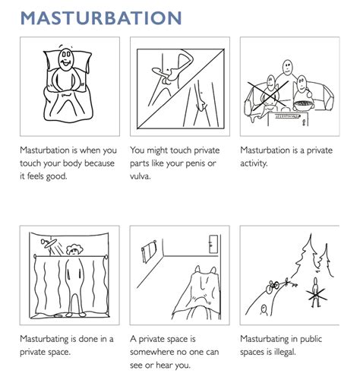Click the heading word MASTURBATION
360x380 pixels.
[101, 18]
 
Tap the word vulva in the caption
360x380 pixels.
[140, 176]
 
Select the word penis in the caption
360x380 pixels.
[195, 163]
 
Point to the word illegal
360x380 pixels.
[285, 352]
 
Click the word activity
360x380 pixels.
[254, 163]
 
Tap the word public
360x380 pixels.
[311, 339]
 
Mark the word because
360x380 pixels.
[99, 163]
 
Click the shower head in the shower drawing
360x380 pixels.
[48, 243]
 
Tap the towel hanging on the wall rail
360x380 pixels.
[149, 252]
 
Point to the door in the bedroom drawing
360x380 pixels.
[213, 244]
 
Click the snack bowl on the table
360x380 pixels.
[303, 105]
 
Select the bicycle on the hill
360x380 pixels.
[273, 287]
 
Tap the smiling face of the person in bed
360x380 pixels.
[66, 59]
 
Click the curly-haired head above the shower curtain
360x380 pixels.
[74, 250]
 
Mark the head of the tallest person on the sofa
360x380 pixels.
[288, 67]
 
